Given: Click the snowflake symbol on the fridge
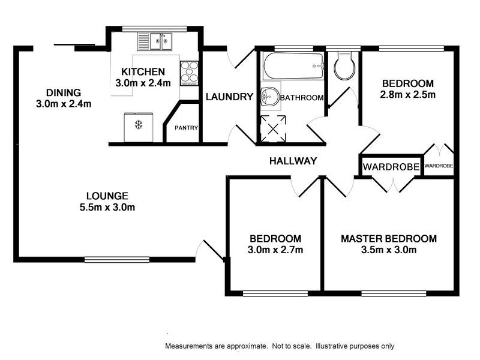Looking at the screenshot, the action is (x=139, y=125).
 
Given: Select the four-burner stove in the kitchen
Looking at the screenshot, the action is (x=189, y=73).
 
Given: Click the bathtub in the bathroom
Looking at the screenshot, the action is (x=293, y=67).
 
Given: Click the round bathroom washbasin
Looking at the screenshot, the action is (x=270, y=97).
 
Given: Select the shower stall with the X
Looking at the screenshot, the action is (x=273, y=129).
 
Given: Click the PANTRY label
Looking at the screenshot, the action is (x=186, y=128).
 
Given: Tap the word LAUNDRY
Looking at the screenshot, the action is (x=229, y=97).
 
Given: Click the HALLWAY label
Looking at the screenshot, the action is (x=293, y=161).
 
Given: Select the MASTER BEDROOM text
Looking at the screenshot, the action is (x=389, y=239).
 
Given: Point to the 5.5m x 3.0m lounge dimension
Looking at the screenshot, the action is (x=107, y=207).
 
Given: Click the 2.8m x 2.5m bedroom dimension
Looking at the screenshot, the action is (x=408, y=95).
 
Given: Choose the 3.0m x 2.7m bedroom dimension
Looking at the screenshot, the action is (x=275, y=250).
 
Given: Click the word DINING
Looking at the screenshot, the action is (x=64, y=92).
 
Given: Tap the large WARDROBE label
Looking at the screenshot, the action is (x=391, y=167).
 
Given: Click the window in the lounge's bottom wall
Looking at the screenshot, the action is (x=117, y=260).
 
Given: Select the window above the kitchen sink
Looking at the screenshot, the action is (x=154, y=29).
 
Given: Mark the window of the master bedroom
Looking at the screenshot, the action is (x=394, y=294).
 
